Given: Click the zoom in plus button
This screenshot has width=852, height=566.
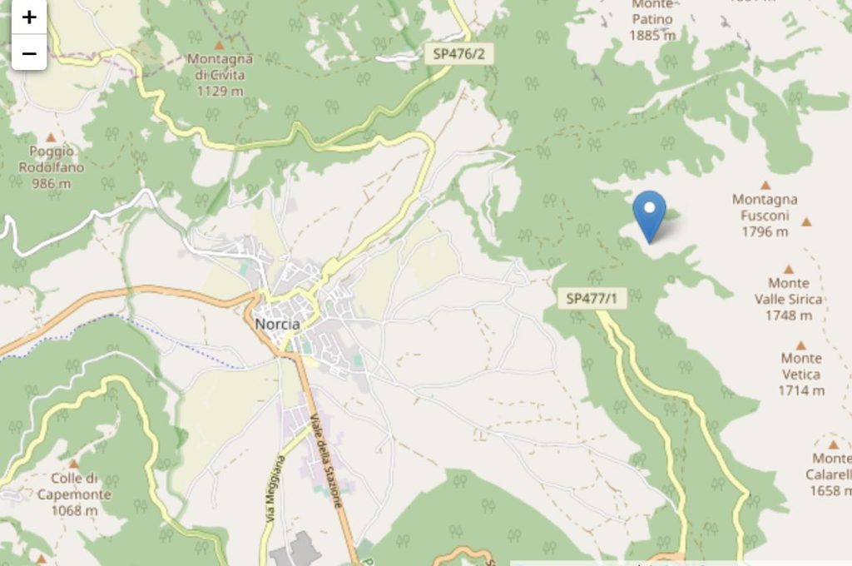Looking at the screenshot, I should point(29,17).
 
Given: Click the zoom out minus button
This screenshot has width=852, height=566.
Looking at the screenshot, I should point(29,54).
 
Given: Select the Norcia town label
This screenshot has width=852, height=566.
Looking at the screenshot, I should point(277,324).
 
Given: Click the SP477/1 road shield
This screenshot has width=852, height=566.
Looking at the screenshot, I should point(592,298).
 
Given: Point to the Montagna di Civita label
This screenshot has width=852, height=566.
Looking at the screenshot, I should point(220,74).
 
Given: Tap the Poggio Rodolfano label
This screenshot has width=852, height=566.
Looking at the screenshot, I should point(52,167).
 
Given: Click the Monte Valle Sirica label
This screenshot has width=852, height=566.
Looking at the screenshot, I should point(788,299).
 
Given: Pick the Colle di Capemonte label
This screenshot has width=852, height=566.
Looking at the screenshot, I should point(74,486).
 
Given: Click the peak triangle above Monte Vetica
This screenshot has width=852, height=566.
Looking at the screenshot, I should point(800,345).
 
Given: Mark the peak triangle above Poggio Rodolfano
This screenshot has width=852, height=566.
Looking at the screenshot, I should point(51,137).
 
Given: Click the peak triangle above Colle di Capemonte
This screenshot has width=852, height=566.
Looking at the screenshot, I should point(73,464).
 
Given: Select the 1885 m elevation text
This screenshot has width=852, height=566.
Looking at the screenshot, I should point(652,35).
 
